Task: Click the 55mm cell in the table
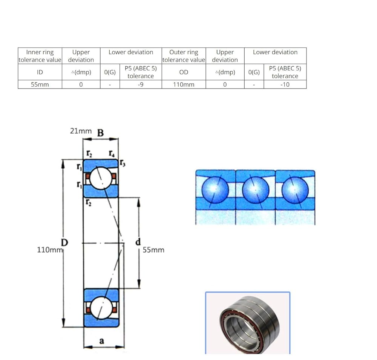40,84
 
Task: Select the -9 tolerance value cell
141,84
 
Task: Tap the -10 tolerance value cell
285,84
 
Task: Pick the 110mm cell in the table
184,84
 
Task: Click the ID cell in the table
40,72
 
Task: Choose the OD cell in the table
184,72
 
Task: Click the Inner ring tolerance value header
40,56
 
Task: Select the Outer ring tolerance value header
184,56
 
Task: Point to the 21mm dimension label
81,131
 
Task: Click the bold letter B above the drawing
101,133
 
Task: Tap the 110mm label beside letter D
50,250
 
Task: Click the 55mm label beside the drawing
153,250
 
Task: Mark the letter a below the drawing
102,340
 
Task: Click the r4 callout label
112,153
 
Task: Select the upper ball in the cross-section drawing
101,178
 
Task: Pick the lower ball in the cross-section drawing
101,308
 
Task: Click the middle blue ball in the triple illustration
255,190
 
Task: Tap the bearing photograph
248,323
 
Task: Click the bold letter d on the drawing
138,241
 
